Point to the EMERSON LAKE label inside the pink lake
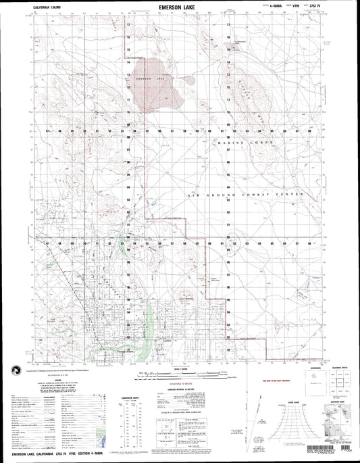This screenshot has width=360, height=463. point(150,79)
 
